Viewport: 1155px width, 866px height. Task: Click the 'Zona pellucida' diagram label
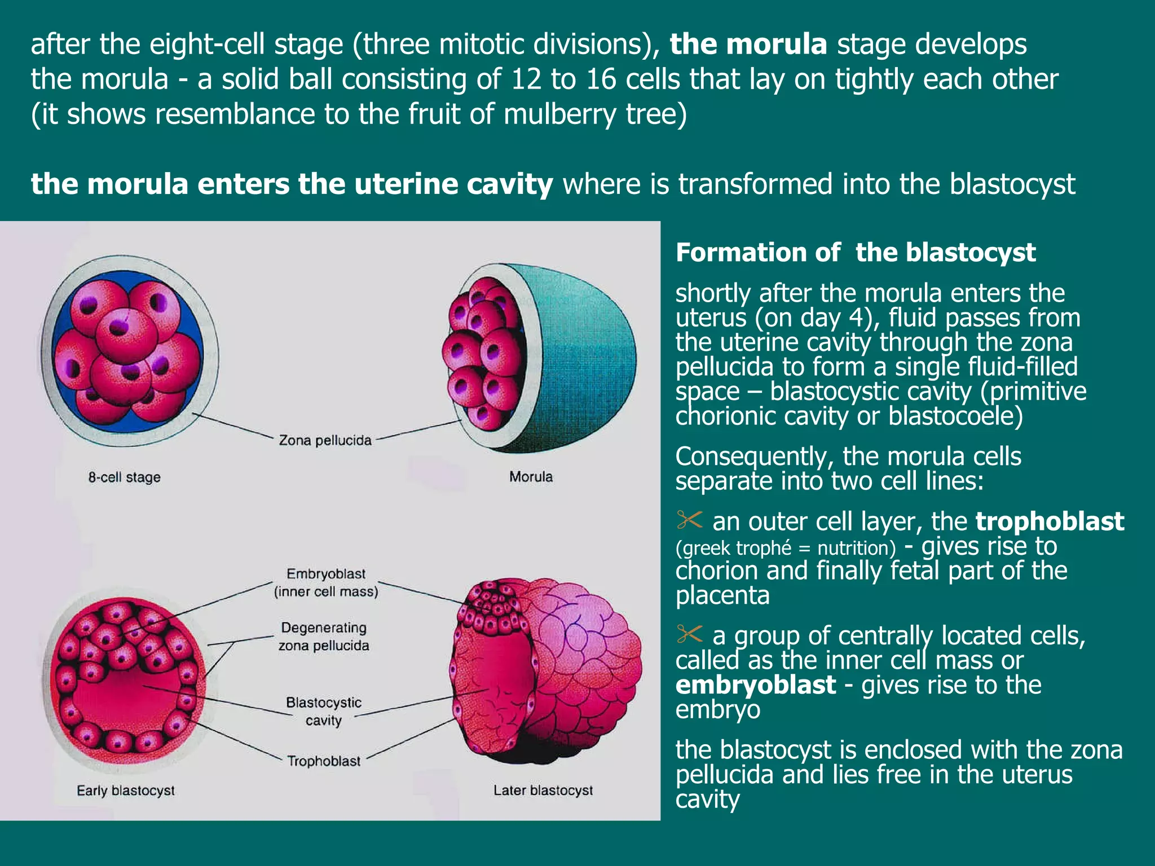325,440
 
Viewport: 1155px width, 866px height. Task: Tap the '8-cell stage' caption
124,477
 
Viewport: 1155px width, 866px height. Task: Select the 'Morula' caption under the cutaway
531,476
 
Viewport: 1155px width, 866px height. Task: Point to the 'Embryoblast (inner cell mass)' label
326,582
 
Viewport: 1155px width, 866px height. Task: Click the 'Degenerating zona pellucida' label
324,637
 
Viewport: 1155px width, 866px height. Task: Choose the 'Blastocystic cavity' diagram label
324,711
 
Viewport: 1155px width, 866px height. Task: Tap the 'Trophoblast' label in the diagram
324,761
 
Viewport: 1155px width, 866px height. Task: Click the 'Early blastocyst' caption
126,790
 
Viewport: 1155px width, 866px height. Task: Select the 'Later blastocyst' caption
543,790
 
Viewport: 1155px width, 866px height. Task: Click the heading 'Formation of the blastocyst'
855,252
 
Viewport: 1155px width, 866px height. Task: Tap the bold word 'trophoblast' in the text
1050,522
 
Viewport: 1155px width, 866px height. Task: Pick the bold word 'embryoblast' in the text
755,685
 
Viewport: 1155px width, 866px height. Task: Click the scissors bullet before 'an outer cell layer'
689,520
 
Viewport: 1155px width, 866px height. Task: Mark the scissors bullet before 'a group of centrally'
689,634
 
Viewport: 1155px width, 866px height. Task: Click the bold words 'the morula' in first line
748,44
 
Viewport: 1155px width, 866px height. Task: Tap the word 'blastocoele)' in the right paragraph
955,416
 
